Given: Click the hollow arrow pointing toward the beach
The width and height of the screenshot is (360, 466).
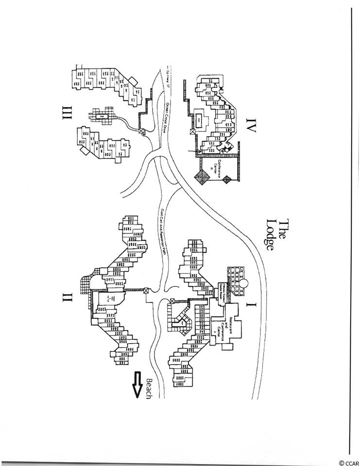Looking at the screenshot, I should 137,386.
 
